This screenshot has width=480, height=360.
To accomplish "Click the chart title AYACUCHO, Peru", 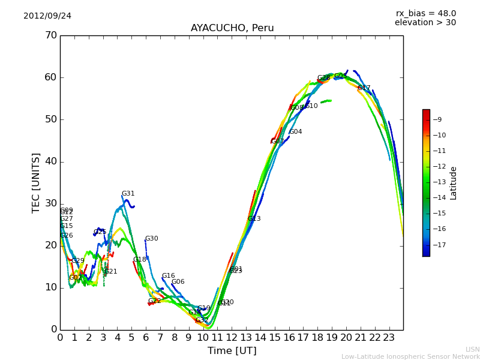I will point(232,28).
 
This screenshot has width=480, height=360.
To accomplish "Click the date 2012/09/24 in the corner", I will point(47,16).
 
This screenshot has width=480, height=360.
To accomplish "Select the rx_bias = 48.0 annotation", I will point(425,14).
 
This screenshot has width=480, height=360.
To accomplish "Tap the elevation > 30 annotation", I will point(425,23).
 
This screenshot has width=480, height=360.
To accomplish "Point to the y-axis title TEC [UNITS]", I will point(37,182).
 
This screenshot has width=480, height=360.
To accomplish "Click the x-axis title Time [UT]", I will point(232,351).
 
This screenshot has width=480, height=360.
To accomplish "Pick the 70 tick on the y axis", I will point(50,35).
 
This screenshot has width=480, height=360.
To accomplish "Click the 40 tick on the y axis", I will point(50,161).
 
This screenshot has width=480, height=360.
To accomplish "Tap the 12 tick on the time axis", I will point(232,338).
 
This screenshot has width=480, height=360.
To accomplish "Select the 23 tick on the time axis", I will point(389,338).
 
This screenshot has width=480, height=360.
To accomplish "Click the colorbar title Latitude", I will point(454,183).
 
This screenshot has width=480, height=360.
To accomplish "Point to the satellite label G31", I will point(128,194).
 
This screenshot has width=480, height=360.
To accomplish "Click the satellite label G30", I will point(152,239).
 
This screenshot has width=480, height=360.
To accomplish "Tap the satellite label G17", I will point(364,88).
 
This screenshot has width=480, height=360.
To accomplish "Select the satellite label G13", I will point(254,219).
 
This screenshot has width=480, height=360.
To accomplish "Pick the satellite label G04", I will point(296,132).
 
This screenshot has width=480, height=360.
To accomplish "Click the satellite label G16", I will point(169,276).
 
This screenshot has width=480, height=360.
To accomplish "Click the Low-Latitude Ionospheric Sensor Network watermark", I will point(410,357).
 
